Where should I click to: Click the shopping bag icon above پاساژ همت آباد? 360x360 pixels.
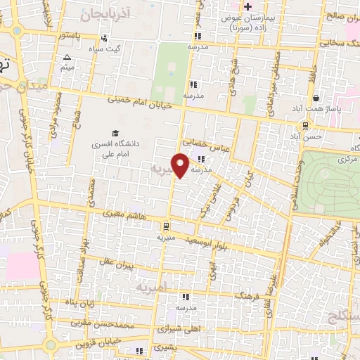pyautogui.click(x=317, y=98)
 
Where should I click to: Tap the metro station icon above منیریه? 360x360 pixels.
pyautogui.click(x=165, y=226)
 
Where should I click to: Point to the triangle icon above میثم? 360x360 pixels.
pyautogui.click(x=67, y=58)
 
